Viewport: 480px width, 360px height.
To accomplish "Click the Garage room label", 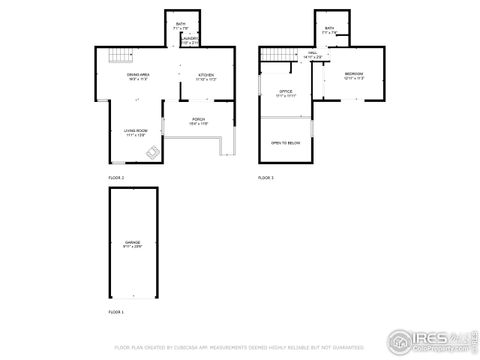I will [x=133, y=244].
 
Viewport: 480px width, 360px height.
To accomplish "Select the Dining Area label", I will [x=137, y=76].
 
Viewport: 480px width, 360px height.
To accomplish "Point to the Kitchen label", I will [x=206, y=76].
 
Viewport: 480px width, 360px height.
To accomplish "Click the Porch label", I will [x=198, y=123].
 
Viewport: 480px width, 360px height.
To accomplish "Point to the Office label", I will [x=285, y=93].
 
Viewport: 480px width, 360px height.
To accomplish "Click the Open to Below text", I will [x=285, y=143].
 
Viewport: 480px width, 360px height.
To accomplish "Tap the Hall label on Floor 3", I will [x=312, y=54].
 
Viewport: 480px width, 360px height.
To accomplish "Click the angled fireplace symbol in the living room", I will [x=151, y=153].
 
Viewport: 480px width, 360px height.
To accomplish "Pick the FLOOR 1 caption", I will [x=117, y=313].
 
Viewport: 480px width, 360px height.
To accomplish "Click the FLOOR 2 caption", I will [x=117, y=177].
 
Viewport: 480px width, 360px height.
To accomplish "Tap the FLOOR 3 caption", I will [x=266, y=177].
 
